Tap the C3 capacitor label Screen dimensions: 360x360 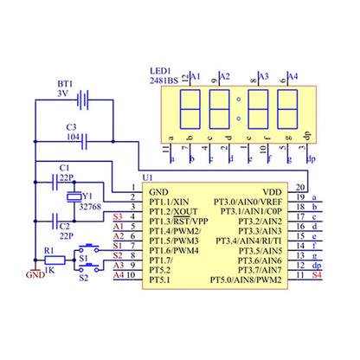pyautogui.click(x=71, y=127)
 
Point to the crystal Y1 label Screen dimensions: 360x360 pyautogui.click(x=87, y=195)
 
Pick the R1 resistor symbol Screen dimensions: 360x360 pyautogui.click(x=54, y=259)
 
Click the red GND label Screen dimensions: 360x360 pyautogui.click(x=35, y=276)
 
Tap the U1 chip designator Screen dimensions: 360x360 pyautogui.click(x=148, y=180)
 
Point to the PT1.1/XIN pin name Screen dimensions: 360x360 pyautogui.click(x=170, y=201)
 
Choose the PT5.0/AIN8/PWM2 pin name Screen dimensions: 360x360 pyautogui.click(x=247, y=280)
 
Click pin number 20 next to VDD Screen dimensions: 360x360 pyautogui.click(x=299, y=186)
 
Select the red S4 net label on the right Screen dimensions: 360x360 pyautogui.click(x=315, y=274)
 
